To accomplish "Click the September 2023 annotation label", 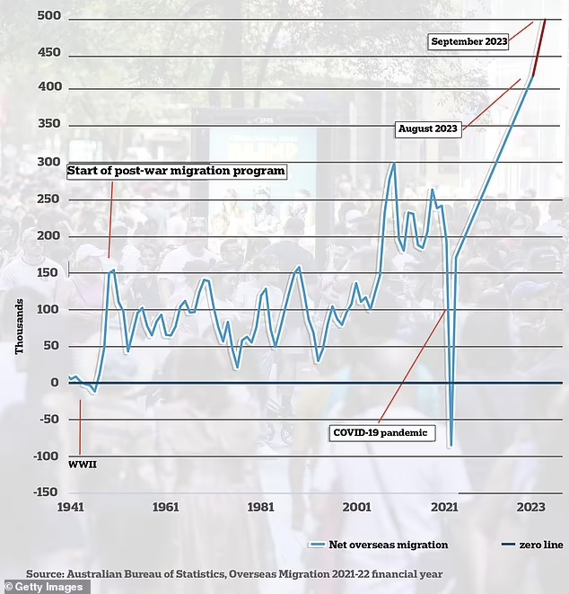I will click(468, 41).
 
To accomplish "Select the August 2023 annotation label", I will click(428, 129).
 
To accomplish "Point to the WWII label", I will click(82, 465).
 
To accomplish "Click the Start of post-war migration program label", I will click(176, 171).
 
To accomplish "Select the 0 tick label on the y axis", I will click(55, 383).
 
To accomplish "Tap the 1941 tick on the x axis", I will click(70, 508).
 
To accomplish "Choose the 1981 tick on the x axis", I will click(261, 508).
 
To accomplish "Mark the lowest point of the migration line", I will click(451, 446).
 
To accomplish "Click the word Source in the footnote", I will click(44, 572).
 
